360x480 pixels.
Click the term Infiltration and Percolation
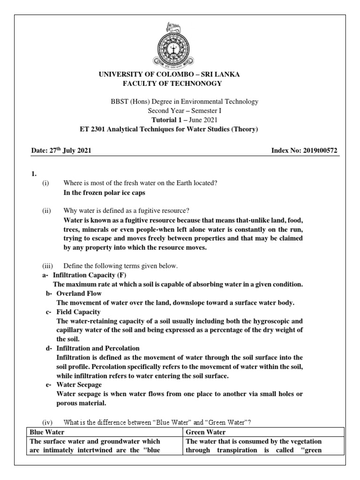point(98,348)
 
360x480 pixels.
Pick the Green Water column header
point(206,432)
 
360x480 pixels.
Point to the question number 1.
point(33,174)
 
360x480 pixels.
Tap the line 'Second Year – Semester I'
point(180,111)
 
